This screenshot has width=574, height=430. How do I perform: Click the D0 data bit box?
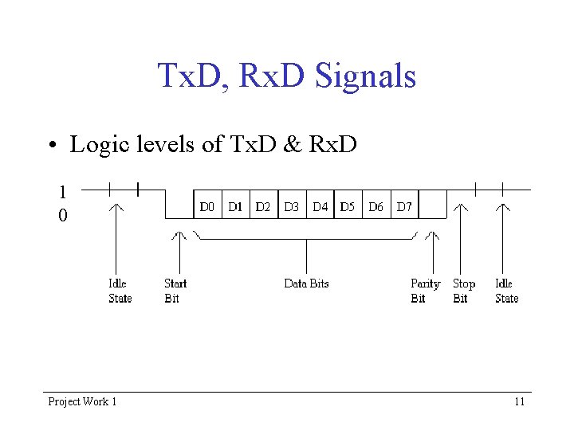tap(207, 205)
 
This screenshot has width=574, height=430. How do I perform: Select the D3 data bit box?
tap(291, 205)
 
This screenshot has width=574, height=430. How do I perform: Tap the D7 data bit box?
tap(404, 205)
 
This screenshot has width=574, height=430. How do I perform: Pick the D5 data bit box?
tap(348, 205)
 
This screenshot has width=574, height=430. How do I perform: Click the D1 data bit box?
tap(236, 205)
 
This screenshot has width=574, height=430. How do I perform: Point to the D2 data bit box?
tap(263, 205)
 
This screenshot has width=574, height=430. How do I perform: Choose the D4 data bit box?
tap(320, 205)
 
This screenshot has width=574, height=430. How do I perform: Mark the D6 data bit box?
tap(376, 205)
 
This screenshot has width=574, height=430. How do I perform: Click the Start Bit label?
tap(175, 291)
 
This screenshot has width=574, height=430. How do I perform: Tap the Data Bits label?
tap(306, 283)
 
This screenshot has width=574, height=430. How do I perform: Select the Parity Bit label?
tap(424, 291)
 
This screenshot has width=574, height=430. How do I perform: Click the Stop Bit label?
tap(463, 291)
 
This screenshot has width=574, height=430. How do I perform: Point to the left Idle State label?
tap(120, 291)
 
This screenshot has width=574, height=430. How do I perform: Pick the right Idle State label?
tap(506, 291)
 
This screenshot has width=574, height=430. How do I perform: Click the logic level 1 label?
tap(62, 192)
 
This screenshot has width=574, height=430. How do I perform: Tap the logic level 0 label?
tap(62, 216)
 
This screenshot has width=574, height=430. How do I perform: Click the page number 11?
tap(519, 401)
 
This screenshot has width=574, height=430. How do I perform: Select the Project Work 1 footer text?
tap(82, 401)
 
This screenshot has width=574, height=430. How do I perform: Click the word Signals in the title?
tap(366, 76)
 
